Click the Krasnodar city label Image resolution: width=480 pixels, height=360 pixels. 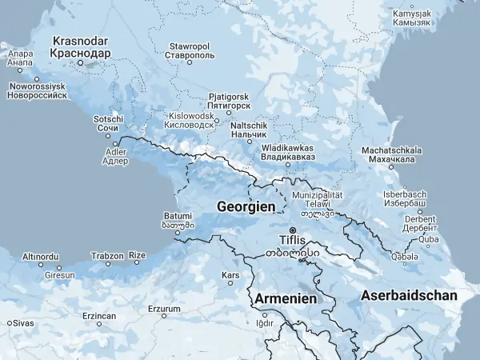(x=79, y=46)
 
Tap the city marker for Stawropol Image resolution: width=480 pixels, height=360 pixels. (x=190, y=62)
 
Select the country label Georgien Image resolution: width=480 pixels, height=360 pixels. (x=246, y=206)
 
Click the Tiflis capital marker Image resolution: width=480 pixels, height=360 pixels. (x=292, y=230)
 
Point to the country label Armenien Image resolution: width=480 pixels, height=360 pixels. (x=286, y=298)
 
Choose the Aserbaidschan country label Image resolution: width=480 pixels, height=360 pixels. (x=409, y=295)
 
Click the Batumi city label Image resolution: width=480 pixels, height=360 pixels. (x=177, y=220)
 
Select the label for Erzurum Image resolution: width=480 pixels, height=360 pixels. (x=165, y=309)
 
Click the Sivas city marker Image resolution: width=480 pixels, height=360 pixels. (x=9, y=322)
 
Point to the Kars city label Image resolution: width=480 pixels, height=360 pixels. (x=230, y=275)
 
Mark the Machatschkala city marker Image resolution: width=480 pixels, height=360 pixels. (x=391, y=166)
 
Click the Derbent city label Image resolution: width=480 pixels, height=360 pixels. (x=419, y=222)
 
